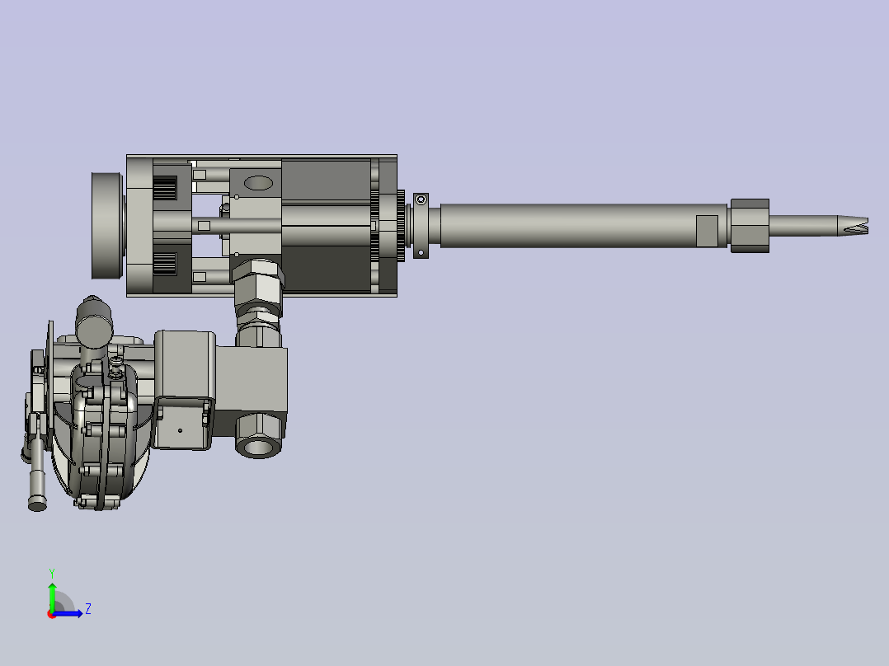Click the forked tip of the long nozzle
pyautogui.click(x=858, y=224)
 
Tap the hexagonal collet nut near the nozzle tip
pyautogui.click(x=750, y=225)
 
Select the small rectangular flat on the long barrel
pyautogui.click(x=707, y=230)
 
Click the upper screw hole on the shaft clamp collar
pyautogui.click(x=421, y=199)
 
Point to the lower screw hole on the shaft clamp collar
pyautogui.click(x=421, y=252)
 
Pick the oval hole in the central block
pyautogui.click(x=258, y=183)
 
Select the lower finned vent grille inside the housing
pyautogui.click(x=165, y=264)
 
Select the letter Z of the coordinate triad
pyautogui.click(x=87, y=609)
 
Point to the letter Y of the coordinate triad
pyautogui.click(x=51, y=573)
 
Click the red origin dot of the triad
pyautogui.click(x=52, y=613)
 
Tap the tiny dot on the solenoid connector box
pyautogui.click(x=181, y=430)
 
